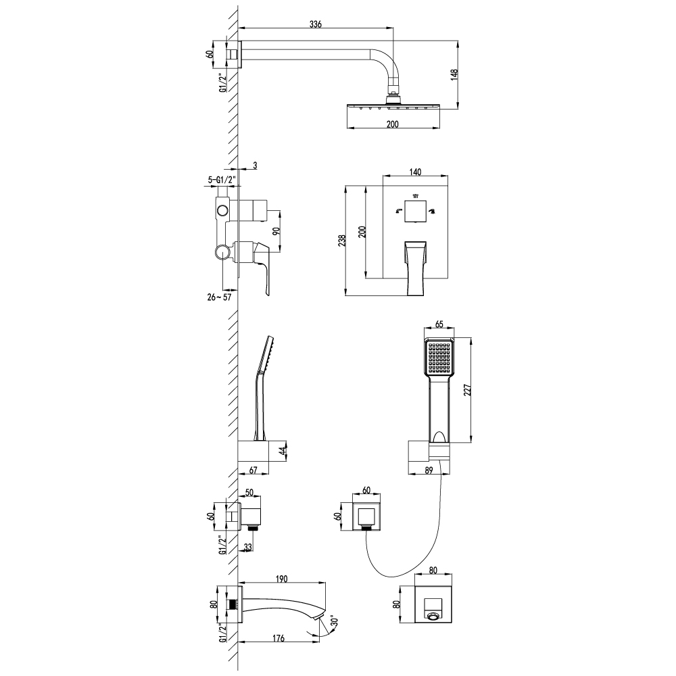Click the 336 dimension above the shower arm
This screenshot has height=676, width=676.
315,24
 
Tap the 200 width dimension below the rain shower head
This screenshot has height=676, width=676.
392,124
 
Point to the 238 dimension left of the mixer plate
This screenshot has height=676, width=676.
343,240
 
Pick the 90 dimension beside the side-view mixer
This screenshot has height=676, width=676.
276,231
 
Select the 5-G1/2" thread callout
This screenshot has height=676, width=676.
222,180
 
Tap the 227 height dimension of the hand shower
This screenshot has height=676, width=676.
467,389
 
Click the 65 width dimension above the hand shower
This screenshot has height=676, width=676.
439,325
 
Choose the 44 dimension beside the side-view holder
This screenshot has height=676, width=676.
282,450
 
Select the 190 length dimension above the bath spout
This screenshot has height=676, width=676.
283,579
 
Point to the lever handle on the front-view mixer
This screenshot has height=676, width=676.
416,266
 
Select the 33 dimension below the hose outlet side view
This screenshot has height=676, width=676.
248,547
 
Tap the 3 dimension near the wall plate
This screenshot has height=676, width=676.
254,165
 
